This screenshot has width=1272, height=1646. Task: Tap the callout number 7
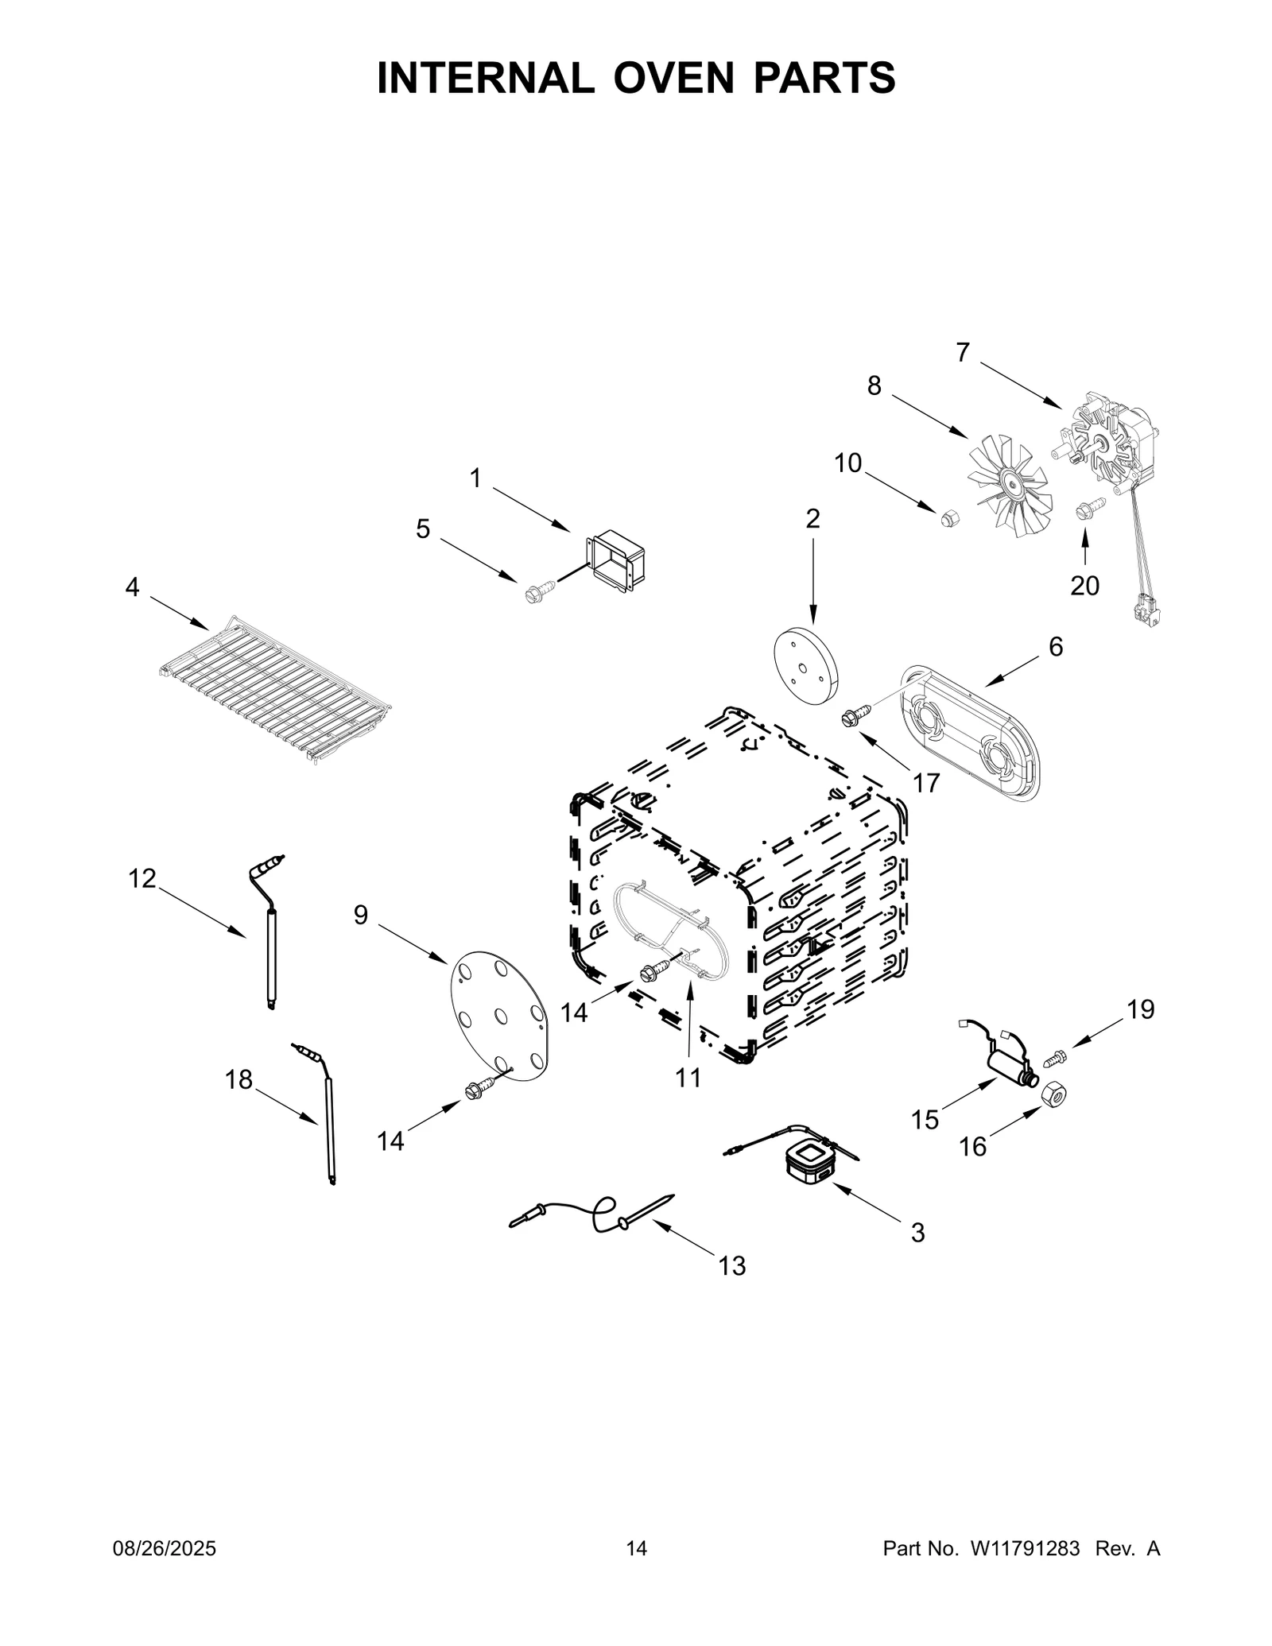pyautogui.click(x=963, y=352)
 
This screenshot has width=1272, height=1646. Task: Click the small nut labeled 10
pyautogui.click(x=947, y=518)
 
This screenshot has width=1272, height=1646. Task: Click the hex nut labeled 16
pyautogui.click(x=1053, y=1096)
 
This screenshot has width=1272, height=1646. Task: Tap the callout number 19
pyautogui.click(x=1140, y=1009)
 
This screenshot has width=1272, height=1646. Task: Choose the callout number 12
pyautogui.click(x=142, y=878)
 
